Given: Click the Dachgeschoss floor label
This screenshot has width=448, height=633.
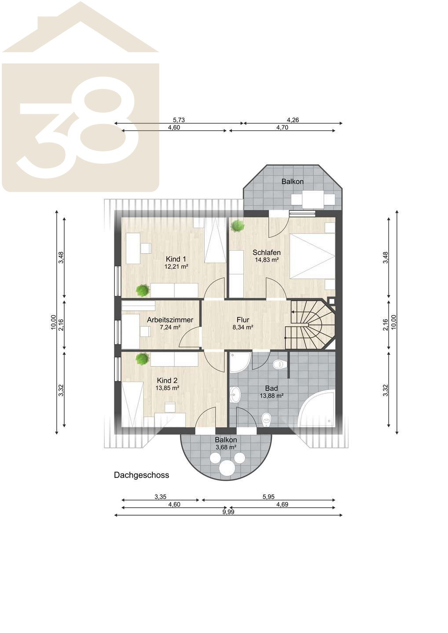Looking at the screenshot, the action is pyautogui.click(x=141, y=475).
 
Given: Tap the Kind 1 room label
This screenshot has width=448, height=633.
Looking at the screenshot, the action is pyautogui.click(x=176, y=259).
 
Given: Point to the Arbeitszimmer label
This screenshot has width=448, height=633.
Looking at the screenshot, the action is pyautogui.click(x=170, y=320).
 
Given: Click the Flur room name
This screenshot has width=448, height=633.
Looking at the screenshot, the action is pyautogui.click(x=243, y=320).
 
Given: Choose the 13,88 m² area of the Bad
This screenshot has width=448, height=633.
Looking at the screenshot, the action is pyautogui.click(x=272, y=396).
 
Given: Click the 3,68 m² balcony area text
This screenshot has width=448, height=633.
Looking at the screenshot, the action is pyautogui.click(x=226, y=447).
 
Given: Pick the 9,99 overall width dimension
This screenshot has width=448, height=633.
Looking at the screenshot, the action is pyautogui.click(x=228, y=512).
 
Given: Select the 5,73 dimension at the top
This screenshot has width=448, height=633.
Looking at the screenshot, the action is pyautogui.click(x=179, y=120).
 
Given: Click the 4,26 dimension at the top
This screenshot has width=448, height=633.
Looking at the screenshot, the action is pyautogui.click(x=293, y=120).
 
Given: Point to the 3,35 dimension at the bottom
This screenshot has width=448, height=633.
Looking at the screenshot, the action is pyautogui.click(x=160, y=497).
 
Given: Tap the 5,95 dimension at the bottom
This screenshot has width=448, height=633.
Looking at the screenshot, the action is pyautogui.click(x=268, y=497).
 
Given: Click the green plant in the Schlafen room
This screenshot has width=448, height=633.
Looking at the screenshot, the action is pyautogui.click(x=237, y=226).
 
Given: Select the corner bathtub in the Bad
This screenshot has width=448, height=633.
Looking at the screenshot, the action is pyautogui.click(x=318, y=407).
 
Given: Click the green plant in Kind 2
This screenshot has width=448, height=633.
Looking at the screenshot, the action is pyautogui.click(x=142, y=359).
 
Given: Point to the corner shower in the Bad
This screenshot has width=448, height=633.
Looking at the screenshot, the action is pyautogui.click(x=240, y=362).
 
